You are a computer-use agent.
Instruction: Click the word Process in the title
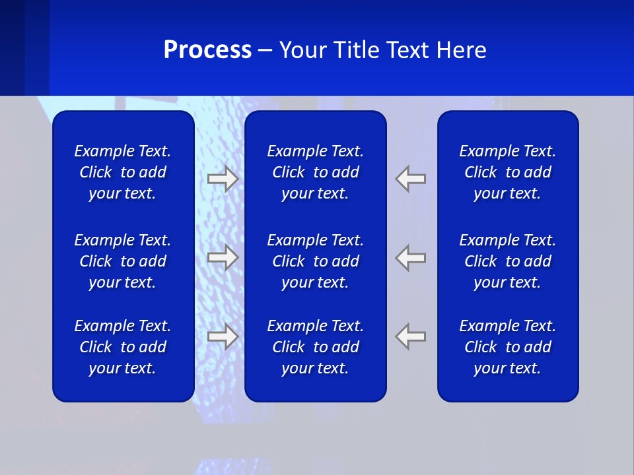point(207,50)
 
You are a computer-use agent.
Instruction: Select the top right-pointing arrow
point(223,179)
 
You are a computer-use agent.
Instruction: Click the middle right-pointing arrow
point(223,257)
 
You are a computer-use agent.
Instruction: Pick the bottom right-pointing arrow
point(223,336)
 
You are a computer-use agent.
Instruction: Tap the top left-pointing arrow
point(411,179)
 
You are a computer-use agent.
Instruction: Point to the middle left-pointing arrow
point(411,257)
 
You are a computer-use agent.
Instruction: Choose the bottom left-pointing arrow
point(411,336)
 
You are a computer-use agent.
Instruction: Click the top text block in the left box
point(123,172)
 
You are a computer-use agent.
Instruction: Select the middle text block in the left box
point(123,261)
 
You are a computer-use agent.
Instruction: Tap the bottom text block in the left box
point(123,347)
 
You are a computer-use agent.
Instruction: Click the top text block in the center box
point(315,172)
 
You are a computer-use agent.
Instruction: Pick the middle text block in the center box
point(315,261)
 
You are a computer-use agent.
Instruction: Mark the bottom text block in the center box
point(315,347)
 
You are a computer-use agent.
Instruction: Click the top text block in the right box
point(507,172)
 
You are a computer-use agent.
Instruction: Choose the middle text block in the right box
point(507,261)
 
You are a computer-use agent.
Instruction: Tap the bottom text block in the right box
point(507,347)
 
